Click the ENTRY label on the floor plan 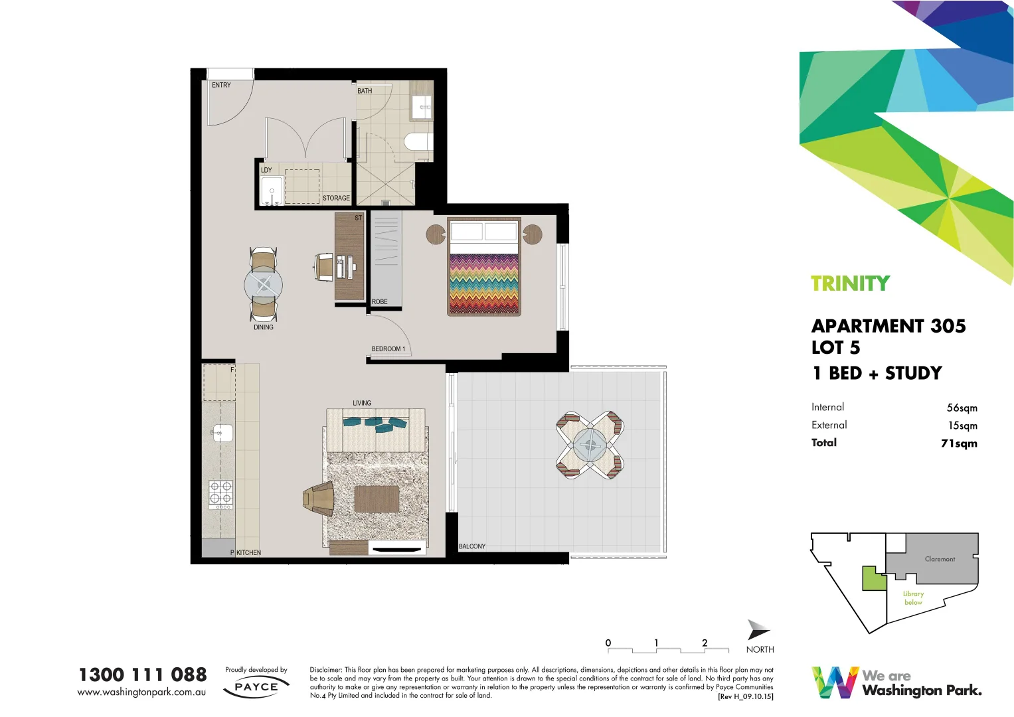221,85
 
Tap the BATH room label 365,91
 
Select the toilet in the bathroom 418,141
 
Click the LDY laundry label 266,170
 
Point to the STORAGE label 336,198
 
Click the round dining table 264,285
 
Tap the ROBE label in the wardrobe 379,301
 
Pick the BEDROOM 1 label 388,349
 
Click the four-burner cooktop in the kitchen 221,493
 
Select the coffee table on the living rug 377,499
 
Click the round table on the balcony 589,445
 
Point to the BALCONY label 472,546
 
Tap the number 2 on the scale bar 705,643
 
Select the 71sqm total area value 958,443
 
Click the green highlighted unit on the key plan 873,579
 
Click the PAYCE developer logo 256,687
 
